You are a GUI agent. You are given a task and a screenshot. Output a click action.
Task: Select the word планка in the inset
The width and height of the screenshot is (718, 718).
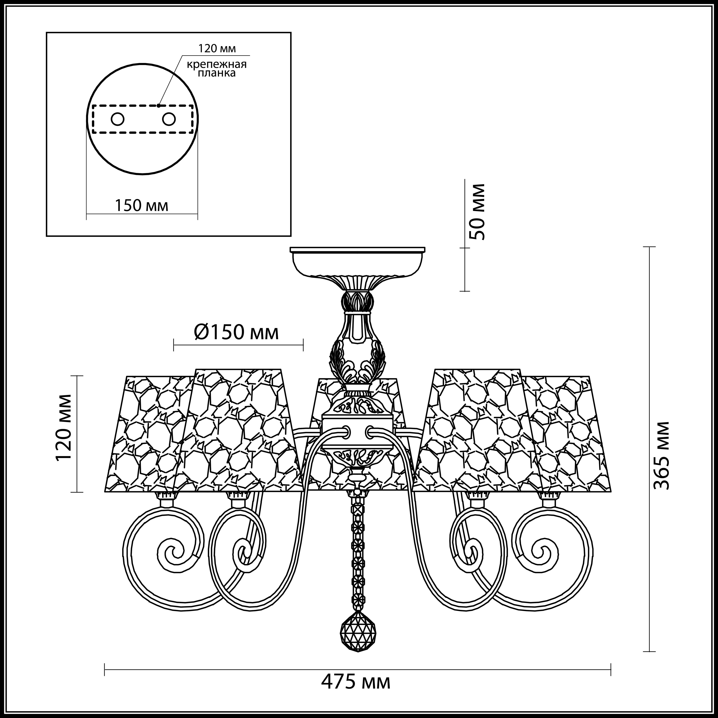[x=217, y=73]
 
